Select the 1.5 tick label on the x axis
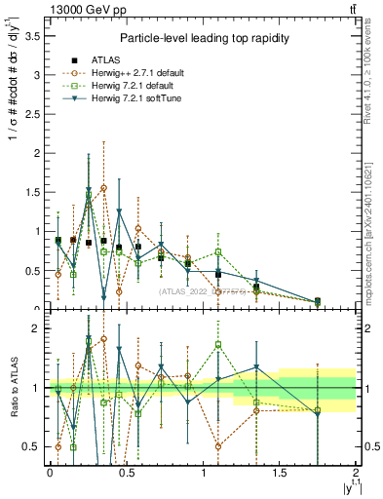pyautogui.click(x=280, y=473)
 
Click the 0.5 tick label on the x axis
pyautogui.click(x=126, y=473)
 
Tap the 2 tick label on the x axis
pyautogui.click(x=356, y=473)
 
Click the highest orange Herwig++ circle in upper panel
pyautogui.click(x=103, y=187)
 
